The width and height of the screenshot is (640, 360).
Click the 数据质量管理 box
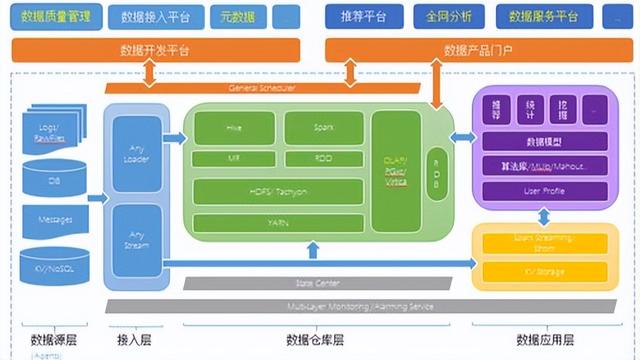pos(57,17)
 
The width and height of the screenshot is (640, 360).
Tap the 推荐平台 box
pos(358,17)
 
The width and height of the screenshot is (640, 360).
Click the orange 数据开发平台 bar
pos(161,50)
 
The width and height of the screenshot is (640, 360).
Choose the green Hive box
pos(235,128)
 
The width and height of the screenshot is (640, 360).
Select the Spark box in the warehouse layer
pos(322,128)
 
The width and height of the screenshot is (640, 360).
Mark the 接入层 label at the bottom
pos(135,339)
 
